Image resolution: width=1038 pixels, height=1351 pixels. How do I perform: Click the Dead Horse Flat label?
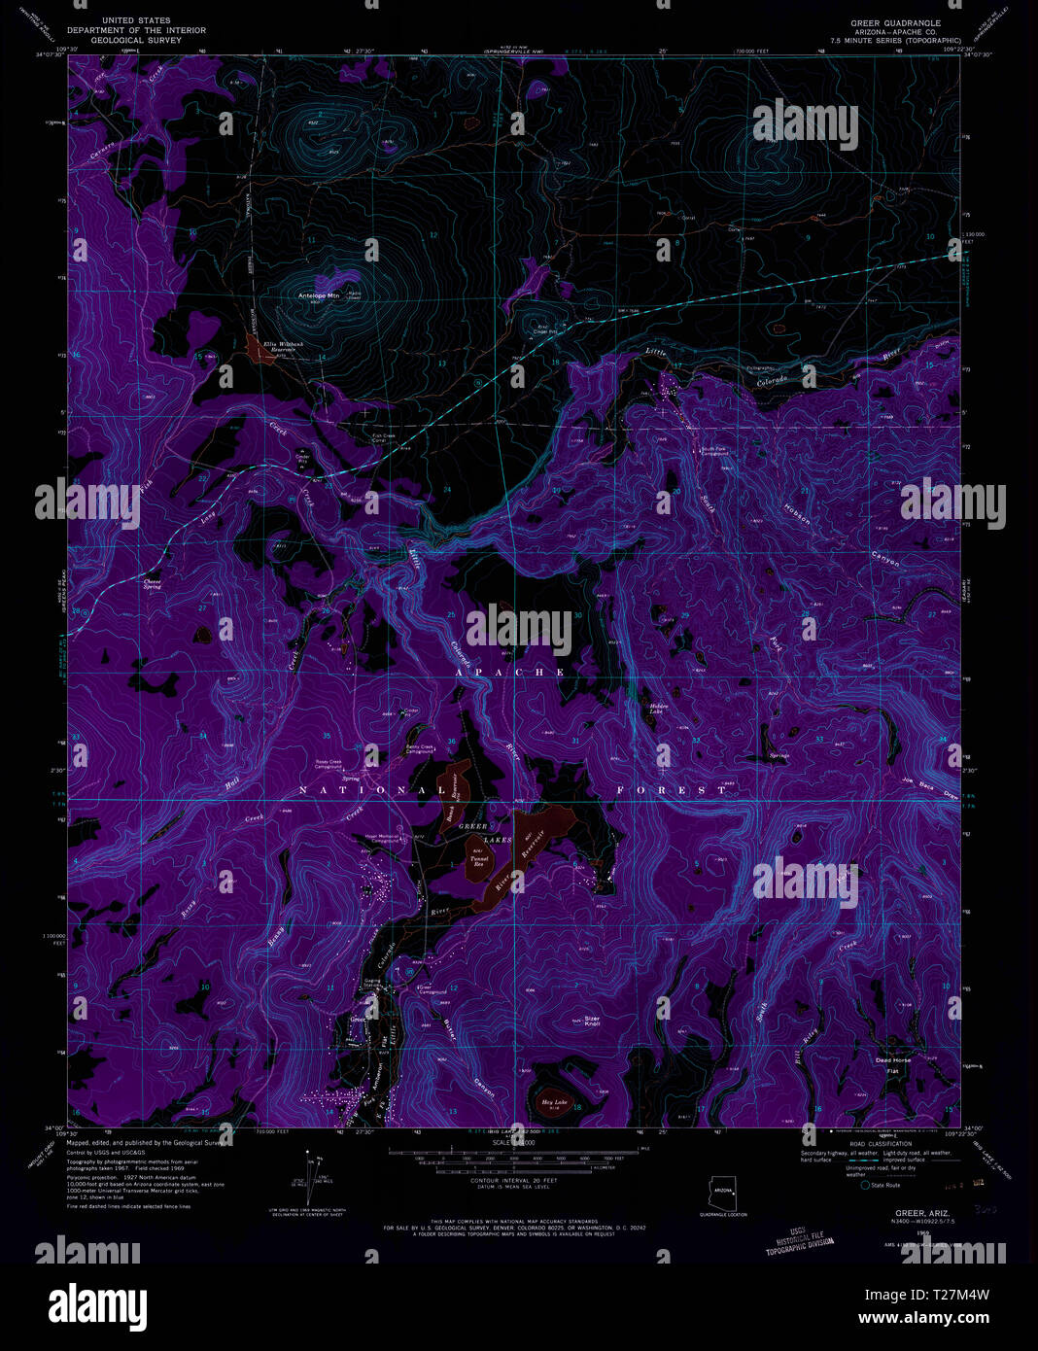pyautogui.click(x=893, y=1062)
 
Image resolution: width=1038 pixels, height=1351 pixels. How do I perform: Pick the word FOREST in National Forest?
pyautogui.click(x=672, y=790)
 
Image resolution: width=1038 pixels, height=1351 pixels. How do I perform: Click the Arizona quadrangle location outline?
pyautogui.click(x=721, y=1191)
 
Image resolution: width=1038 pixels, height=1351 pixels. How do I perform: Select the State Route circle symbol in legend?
pyautogui.click(x=864, y=1185)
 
